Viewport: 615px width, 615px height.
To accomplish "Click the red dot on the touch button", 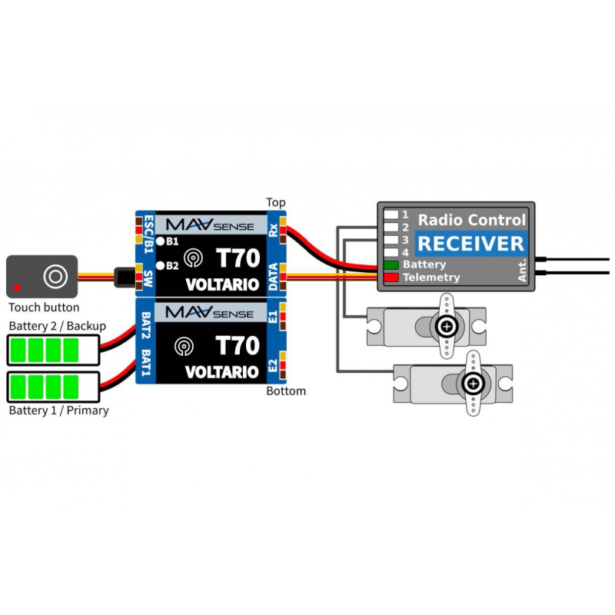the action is (x=17, y=288).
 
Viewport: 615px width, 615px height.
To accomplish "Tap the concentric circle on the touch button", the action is (x=55, y=277).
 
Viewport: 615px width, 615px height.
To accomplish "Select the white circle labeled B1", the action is (x=160, y=241).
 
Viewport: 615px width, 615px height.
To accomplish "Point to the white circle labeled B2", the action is (x=160, y=265).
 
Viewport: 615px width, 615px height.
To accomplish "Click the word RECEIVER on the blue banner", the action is (x=470, y=244).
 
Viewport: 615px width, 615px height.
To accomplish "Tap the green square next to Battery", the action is (x=391, y=264).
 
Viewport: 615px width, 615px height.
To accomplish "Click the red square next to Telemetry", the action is (x=391, y=278).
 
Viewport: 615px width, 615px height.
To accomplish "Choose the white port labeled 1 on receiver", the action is (x=391, y=214).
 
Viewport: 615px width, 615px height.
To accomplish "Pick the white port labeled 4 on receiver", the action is (x=391, y=252).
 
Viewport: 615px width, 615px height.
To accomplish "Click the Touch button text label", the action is (x=44, y=307).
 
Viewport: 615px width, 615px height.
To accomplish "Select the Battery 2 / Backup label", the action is (x=57, y=326).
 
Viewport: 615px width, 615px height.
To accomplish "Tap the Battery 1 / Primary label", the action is (x=59, y=411).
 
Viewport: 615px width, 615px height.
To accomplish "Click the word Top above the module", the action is (x=276, y=202).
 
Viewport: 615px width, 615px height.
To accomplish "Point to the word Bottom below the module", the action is (x=286, y=391).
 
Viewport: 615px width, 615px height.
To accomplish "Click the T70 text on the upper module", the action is (x=238, y=258).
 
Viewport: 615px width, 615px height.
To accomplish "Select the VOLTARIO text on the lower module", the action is (x=222, y=372).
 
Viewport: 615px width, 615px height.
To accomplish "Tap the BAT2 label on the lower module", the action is (x=145, y=325).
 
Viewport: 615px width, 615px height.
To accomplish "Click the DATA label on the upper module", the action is (x=274, y=277).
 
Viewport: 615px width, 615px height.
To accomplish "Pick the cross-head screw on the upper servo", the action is (x=447, y=326).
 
